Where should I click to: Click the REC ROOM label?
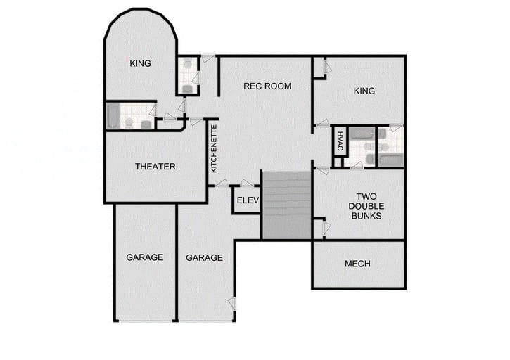tap(267, 86)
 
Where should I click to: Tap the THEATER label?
tap(155, 167)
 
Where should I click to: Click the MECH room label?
tap(357, 264)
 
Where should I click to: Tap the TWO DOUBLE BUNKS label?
tap(366, 206)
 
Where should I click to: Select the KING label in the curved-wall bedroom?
tap(141, 63)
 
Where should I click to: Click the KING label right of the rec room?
tap(364, 91)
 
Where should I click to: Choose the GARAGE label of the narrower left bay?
tap(145, 257)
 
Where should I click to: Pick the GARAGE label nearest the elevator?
tap(204, 258)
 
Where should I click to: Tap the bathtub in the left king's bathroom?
tap(114, 116)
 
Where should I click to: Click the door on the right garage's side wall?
tap(232, 303)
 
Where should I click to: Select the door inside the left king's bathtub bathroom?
tap(152, 110)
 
